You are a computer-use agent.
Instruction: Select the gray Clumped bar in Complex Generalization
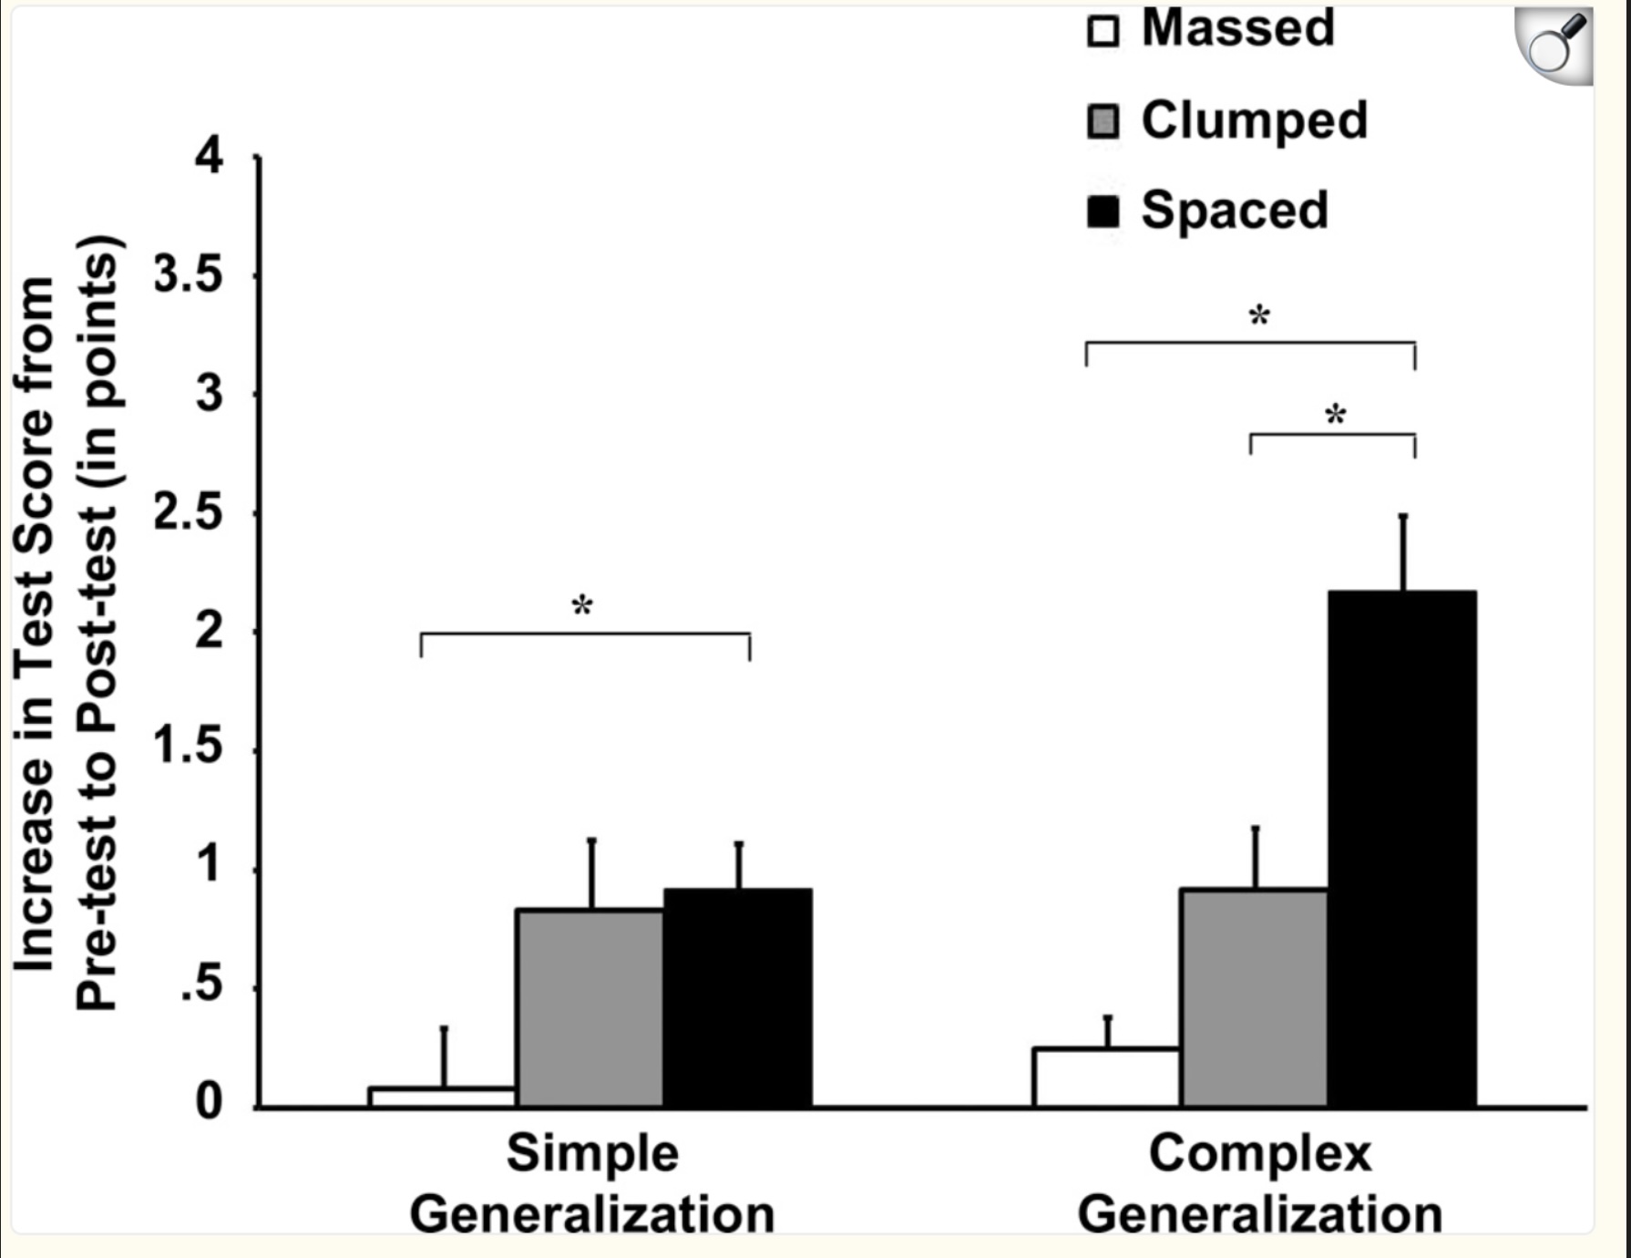click(x=1254, y=997)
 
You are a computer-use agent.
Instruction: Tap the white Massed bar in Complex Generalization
click(x=1106, y=1078)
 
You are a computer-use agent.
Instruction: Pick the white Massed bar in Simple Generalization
click(x=443, y=1097)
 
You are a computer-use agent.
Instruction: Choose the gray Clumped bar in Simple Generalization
click(x=590, y=1007)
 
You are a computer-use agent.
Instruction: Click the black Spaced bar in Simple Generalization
click(x=737, y=997)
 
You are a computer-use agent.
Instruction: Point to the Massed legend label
click(x=1237, y=27)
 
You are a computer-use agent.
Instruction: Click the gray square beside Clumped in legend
click(x=1103, y=121)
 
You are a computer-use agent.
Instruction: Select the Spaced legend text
click(x=1235, y=210)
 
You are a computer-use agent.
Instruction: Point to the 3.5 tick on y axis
click(x=188, y=275)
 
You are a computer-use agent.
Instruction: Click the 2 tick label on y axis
click(x=210, y=631)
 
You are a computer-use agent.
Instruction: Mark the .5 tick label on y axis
click(x=201, y=986)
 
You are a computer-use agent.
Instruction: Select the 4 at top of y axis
click(x=209, y=157)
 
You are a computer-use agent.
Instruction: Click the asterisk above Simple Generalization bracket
click(x=582, y=606)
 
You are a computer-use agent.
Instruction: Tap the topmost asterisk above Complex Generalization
click(x=1258, y=317)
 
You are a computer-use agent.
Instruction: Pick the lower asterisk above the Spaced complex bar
click(x=1335, y=417)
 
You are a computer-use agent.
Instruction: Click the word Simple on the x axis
click(x=592, y=1153)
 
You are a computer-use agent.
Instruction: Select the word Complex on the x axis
click(x=1258, y=1153)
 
